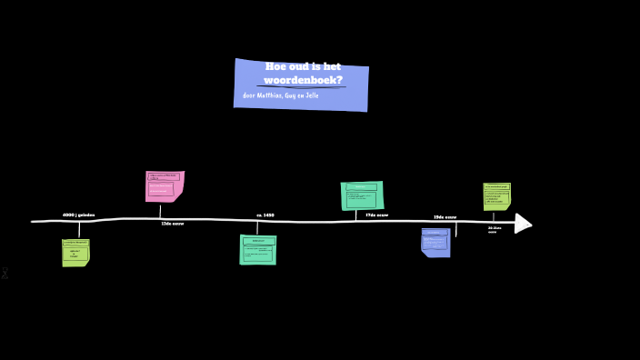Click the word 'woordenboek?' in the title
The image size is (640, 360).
304,80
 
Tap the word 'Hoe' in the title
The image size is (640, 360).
275,66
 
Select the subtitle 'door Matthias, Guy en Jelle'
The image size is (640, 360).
280,95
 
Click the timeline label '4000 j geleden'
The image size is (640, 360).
78,215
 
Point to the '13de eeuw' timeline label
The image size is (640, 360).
172,224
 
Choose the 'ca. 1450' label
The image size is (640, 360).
265,215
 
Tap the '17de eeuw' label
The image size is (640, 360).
376,215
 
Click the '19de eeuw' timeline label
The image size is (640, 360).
445,217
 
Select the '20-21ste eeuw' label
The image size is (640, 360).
494,230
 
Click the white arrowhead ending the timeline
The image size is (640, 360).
522,223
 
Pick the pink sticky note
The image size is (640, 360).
165,185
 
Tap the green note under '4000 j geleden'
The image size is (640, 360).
75,252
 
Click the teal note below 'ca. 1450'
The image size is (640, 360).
257,249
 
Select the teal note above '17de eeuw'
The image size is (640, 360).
362,195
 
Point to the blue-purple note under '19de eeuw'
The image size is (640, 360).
435,243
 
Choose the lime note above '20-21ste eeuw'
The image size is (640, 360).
496,195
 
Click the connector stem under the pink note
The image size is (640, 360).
160,211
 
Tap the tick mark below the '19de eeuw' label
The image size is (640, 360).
455,230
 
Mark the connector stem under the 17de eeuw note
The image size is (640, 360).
355,215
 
